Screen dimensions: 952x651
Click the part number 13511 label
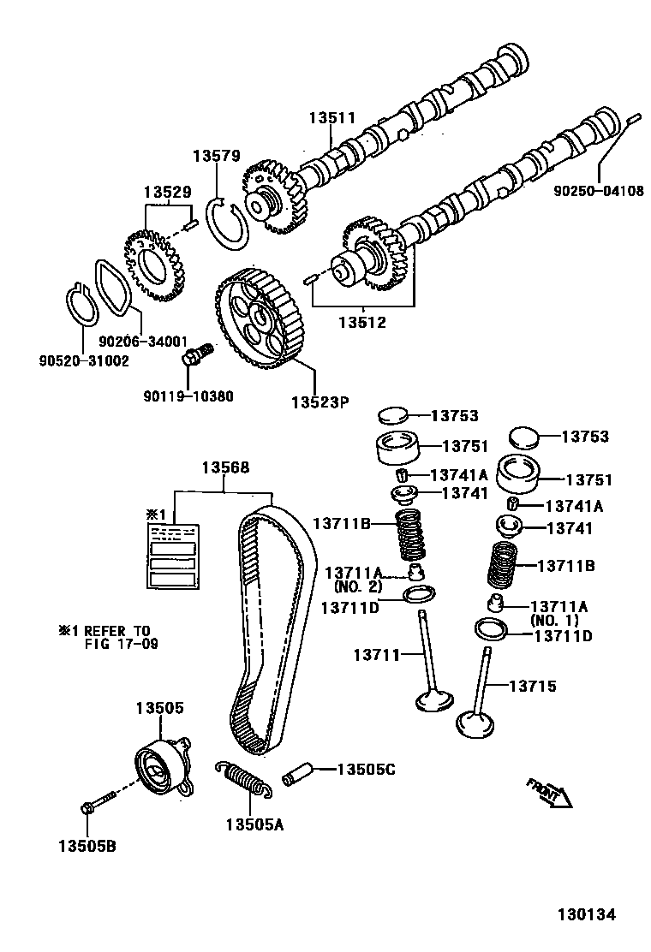coord(331,120)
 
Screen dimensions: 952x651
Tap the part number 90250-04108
coord(599,192)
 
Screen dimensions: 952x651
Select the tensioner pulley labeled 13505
coord(160,764)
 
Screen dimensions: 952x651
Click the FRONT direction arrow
coord(548,793)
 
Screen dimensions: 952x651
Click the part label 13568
coord(225,467)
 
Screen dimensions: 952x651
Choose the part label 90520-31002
coord(83,361)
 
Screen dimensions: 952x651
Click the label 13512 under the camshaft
coord(362,323)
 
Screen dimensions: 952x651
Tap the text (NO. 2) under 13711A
coord(354,589)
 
